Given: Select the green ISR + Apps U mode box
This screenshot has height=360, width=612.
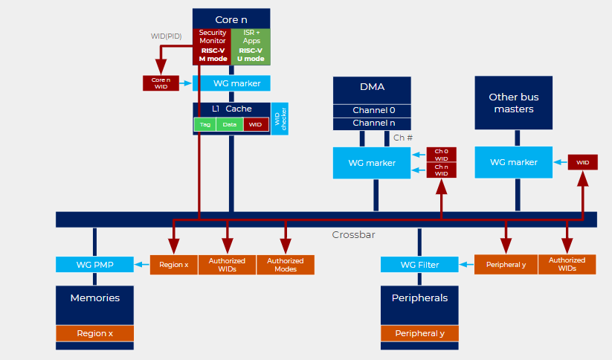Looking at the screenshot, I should pyautogui.click(x=251, y=46).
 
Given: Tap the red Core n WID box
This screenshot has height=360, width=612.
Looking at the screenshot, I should pyautogui.click(x=161, y=83).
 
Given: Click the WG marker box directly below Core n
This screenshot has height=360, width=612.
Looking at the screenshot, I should pyautogui.click(x=231, y=83).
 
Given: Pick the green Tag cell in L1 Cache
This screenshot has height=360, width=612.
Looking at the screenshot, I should pyautogui.click(x=204, y=125).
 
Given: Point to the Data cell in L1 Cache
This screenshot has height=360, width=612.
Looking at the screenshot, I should pyautogui.click(x=230, y=125).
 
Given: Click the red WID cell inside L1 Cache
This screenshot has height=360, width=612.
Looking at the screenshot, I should pyautogui.click(x=256, y=125).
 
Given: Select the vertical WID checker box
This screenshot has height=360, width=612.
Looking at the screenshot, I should pyautogui.click(x=280, y=119).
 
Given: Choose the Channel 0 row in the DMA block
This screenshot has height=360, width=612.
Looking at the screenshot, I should pyautogui.click(x=372, y=110).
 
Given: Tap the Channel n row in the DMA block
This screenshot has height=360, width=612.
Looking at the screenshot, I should pyautogui.click(x=372, y=123).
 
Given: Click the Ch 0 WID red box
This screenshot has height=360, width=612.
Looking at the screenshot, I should pyautogui.click(x=441, y=155).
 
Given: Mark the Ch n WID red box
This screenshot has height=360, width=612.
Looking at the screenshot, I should pyautogui.click(x=441, y=170).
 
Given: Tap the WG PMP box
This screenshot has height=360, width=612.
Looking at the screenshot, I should pyautogui.click(x=94, y=264).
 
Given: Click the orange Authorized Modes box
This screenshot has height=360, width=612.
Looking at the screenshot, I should pyautogui.click(x=286, y=265).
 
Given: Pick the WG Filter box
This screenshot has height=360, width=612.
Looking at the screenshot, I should pyautogui.click(x=419, y=264).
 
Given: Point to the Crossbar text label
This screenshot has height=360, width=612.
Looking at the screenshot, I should pyautogui.click(x=353, y=235).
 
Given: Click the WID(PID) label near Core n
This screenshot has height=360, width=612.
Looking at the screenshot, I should pyautogui.click(x=167, y=36).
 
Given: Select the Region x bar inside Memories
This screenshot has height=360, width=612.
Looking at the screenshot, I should pyautogui.click(x=94, y=333).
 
